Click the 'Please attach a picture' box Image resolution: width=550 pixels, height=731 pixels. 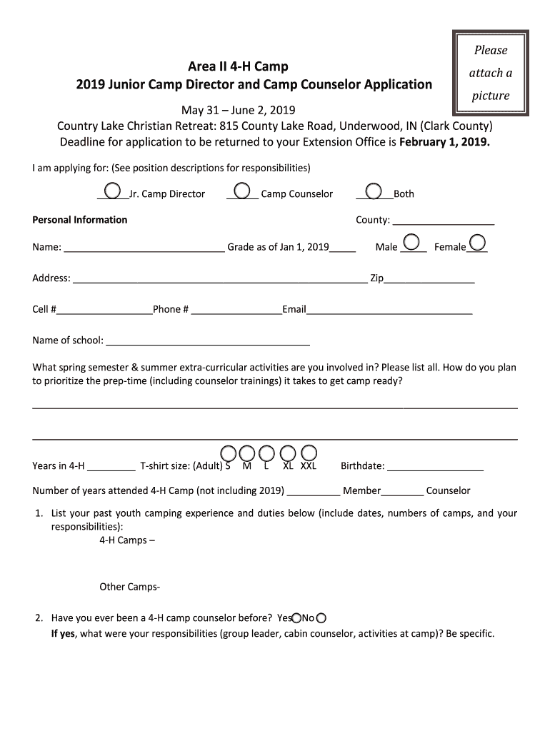tap(490, 73)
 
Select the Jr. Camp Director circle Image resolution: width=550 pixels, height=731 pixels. tap(112, 191)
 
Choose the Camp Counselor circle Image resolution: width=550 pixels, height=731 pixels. tap(242, 191)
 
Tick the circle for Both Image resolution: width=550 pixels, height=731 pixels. tap(373, 191)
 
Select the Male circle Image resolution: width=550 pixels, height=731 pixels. tap(412, 243)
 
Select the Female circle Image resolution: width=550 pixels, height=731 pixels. tap(478, 243)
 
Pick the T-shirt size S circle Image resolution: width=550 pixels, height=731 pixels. tap(228, 453)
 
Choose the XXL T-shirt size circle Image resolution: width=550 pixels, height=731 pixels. tap(309, 453)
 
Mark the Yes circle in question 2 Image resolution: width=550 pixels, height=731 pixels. tap(296, 618)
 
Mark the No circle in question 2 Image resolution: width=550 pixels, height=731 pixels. tap(321, 618)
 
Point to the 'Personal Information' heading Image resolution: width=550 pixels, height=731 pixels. tap(80, 220)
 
